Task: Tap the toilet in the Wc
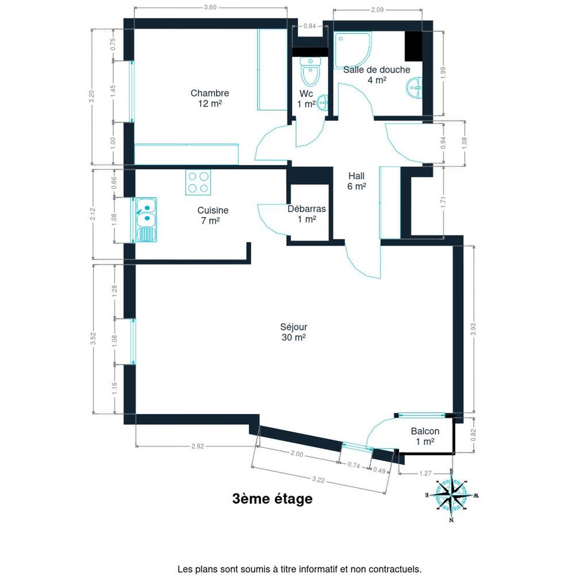click(310, 71)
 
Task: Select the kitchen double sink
click(146, 220)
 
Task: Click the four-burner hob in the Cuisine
click(198, 182)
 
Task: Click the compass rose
click(451, 495)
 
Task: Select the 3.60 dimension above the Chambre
click(210, 7)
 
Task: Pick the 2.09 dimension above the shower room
click(377, 10)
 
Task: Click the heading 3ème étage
click(273, 499)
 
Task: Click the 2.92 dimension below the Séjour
click(198, 446)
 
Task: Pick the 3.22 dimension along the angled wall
click(319, 480)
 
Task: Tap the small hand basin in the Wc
click(323, 103)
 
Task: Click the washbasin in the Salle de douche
click(415, 88)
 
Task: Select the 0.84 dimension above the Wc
click(310, 26)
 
